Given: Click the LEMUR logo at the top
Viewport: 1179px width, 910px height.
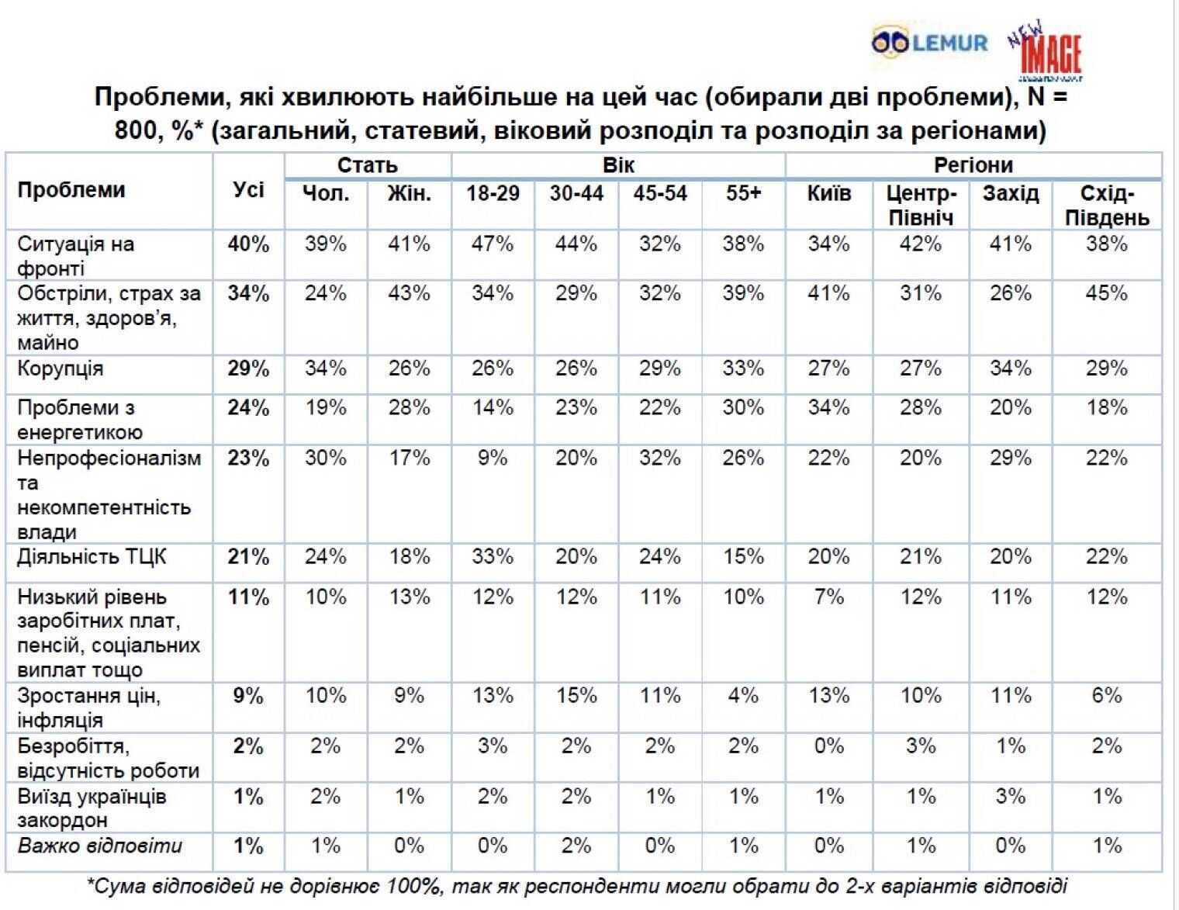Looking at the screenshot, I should [929, 42].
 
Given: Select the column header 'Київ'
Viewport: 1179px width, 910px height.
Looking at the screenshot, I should [828, 193].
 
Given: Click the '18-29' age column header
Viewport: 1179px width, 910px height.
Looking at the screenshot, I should [493, 193].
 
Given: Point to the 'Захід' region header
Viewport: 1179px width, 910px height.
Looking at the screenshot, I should [1010, 193].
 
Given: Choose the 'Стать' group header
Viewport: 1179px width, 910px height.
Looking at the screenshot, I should [367, 165].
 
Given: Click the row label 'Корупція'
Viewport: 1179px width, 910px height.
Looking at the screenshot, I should [61, 368].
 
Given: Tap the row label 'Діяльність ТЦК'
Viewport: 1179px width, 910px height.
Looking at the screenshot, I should [92, 557].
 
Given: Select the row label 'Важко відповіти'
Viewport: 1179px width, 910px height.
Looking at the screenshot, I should [99, 846].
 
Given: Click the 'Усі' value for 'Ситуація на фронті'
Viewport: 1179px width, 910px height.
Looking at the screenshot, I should [248, 244].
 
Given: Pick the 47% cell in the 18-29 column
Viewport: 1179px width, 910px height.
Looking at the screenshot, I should [493, 244].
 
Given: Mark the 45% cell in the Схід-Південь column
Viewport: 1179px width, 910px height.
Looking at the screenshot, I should [1106, 294].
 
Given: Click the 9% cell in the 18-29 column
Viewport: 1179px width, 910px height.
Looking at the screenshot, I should [493, 458].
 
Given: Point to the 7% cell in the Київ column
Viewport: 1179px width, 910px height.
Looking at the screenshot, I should [828, 597].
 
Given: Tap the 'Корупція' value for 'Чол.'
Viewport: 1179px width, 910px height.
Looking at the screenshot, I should [325, 368].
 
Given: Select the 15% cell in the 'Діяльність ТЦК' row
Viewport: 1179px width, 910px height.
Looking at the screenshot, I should [743, 557].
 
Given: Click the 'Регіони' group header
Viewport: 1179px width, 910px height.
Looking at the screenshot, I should [973, 165].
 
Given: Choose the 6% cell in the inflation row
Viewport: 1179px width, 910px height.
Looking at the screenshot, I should [1106, 696].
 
